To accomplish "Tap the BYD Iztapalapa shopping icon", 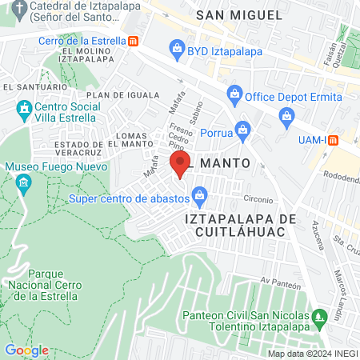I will (177, 50).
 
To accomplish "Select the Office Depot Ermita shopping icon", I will (234, 94).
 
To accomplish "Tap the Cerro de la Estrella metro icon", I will (133, 41).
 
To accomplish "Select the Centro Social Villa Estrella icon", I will (24, 107).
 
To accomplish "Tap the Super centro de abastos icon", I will (200, 194).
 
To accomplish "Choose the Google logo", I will (26, 350).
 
